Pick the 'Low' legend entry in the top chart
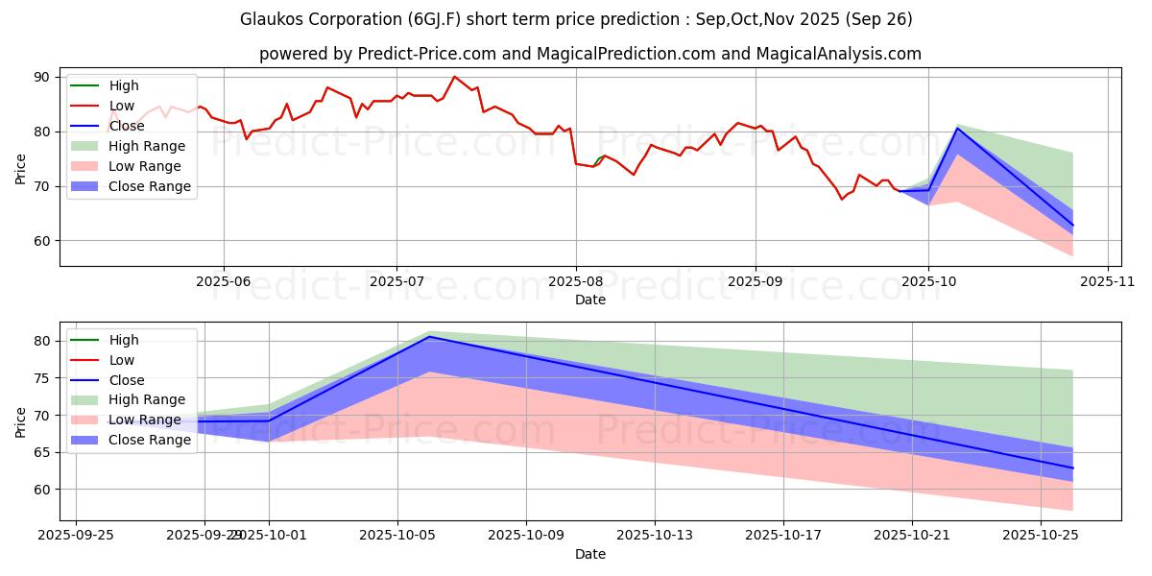[122, 106]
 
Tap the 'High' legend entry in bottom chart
[124, 340]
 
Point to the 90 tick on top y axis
[43, 77]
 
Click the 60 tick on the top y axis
[43, 241]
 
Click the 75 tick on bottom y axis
[43, 378]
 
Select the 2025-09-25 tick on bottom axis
[76, 535]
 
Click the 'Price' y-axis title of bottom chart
[21, 421]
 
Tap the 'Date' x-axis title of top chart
[589, 300]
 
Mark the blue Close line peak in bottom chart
[429, 336]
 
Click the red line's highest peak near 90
[454, 77]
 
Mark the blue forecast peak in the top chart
[958, 129]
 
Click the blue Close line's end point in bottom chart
[1072, 468]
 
